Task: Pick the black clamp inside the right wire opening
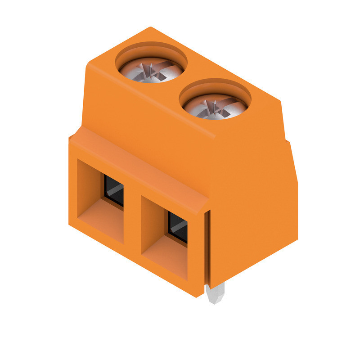tap(178, 227)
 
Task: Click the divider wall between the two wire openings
tap(132, 220)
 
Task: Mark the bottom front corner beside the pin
tap(200, 295)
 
